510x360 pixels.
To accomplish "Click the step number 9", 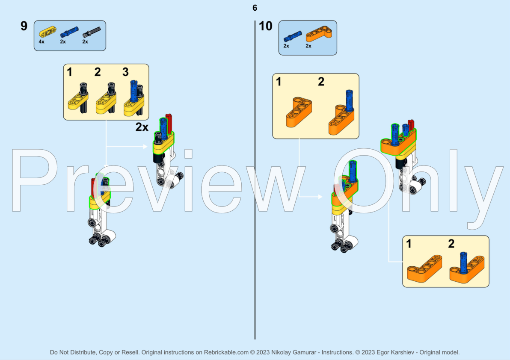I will click(24, 26).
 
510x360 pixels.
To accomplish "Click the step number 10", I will click(266, 26).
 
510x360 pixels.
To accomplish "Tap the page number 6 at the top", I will click(255, 8).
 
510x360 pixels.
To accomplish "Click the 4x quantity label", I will click(42, 42).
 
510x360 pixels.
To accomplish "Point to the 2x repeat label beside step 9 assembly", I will click(142, 127).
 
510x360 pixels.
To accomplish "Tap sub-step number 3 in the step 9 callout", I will click(125, 72).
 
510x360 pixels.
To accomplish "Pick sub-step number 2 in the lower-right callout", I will click(451, 244).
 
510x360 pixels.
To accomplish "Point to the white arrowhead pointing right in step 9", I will click(145, 147).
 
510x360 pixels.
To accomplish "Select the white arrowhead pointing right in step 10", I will click(320, 197).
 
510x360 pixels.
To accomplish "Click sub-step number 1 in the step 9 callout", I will click(69, 72).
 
